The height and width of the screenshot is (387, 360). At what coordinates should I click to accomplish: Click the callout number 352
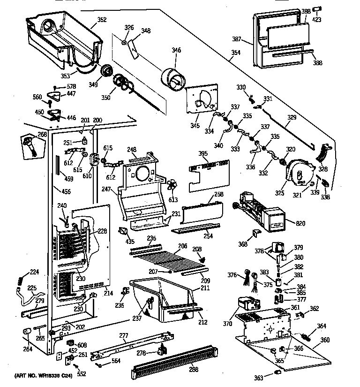point(102,20)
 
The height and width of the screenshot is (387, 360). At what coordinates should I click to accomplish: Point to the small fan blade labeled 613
point(172,185)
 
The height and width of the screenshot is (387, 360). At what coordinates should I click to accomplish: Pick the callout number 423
point(318,20)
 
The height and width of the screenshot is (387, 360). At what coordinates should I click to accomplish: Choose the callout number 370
point(227,323)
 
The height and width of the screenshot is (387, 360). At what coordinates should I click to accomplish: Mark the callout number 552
point(82,374)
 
